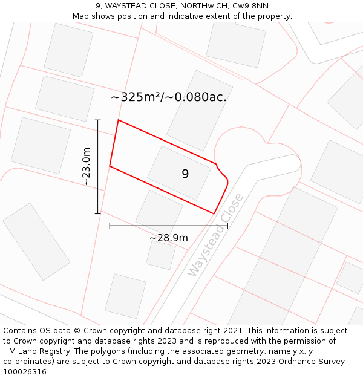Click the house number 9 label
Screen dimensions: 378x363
(185, 174)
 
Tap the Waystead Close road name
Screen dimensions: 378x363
(215, 235)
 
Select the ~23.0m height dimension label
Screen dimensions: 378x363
(87, 166)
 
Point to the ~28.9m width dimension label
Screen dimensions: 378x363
(168, 238)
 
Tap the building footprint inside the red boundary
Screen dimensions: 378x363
(179, 173)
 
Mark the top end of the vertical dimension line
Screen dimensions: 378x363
(98, 120)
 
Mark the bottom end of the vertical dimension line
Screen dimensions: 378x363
(98, 213)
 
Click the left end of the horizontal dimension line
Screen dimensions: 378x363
(110, 226)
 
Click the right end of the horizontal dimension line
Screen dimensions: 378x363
(227, 226)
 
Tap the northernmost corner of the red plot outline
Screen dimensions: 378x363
(118, 120)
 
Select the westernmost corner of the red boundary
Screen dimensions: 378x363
(110, 166)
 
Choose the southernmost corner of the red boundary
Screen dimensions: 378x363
(214, 213)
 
